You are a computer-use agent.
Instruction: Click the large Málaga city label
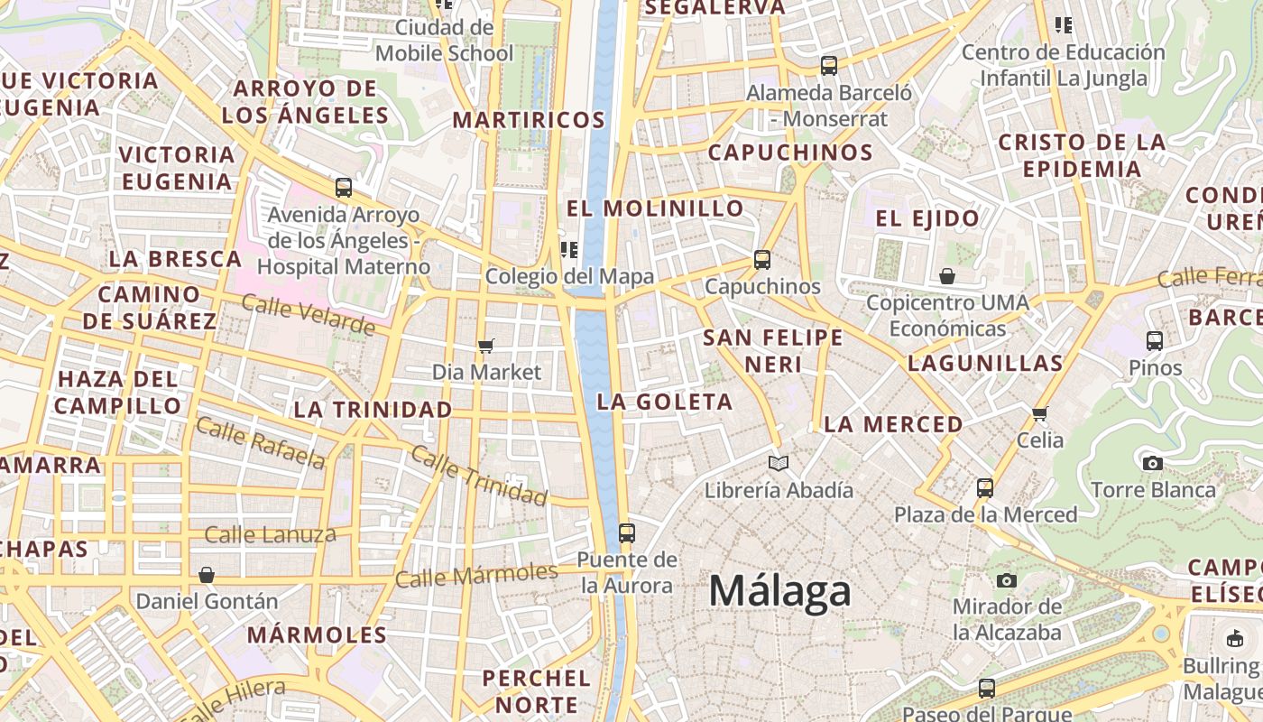pyautogui.click(x=779, y=592)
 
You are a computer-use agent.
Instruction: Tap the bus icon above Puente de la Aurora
pyautogui.click(x=627, y=532)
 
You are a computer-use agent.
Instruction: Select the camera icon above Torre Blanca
pyautogui.click(x=1152, y=463)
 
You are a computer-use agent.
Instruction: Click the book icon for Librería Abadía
pyautogui.click(x=779, y=463)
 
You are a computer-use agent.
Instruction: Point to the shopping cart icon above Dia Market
pyautogui.click(x=486, y=346)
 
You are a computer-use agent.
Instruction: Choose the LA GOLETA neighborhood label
pyautogui.click(x=666, y=403)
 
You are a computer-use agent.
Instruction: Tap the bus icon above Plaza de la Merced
pyautogui.click(x=985, y=488)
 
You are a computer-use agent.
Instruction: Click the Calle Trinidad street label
pyautogui.click(x=478, y=475)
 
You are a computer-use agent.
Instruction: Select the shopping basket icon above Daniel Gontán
pyautogui.click(x=207, y=575)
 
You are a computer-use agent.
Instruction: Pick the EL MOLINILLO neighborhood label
pyautogui.click(x=655, y=208)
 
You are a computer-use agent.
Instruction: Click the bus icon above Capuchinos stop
pyautogui.click(x=762, y=260)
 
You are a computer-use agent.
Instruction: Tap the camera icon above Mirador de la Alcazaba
pyautogui.click(x=1007, y=580)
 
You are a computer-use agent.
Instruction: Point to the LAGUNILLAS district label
pyautogui.click(x=985, y=364)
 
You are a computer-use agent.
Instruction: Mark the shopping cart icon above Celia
pyautogui.click(x=1040, y=413)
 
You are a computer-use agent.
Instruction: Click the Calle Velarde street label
pyautogui.click(x=308, y=314)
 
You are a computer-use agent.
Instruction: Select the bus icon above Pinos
pyautogui.click(x=1155, y=340)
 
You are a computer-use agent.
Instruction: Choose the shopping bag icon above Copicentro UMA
pyautogui.click(x=947, y=276)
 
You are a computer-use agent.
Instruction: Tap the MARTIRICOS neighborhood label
pyautogui.click(x=529, y=120)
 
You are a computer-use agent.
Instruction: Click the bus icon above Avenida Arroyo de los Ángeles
pyautogui.click(x=344, y=188)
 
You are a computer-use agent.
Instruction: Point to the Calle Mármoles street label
pyautogui.click(x=476, y=575)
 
